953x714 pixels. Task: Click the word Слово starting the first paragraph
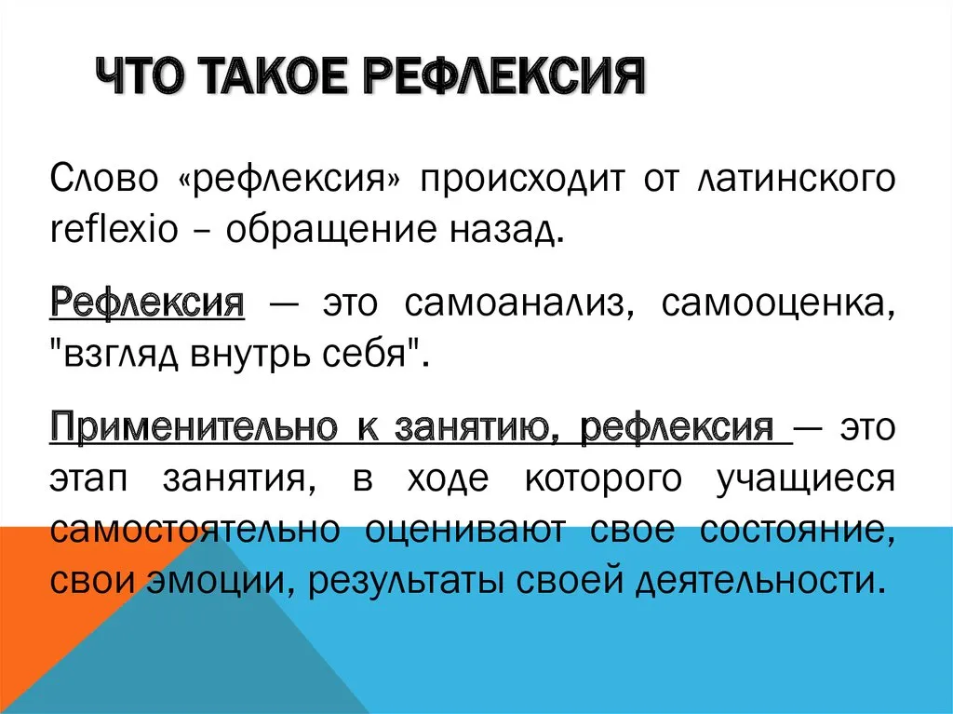coord(104,180)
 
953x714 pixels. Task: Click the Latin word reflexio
coord(114,229)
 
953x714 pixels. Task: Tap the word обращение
coord(331,231)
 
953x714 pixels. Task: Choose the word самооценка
coord(778,303)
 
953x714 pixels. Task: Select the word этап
coord(88,478)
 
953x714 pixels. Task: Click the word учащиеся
coord(805,479)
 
